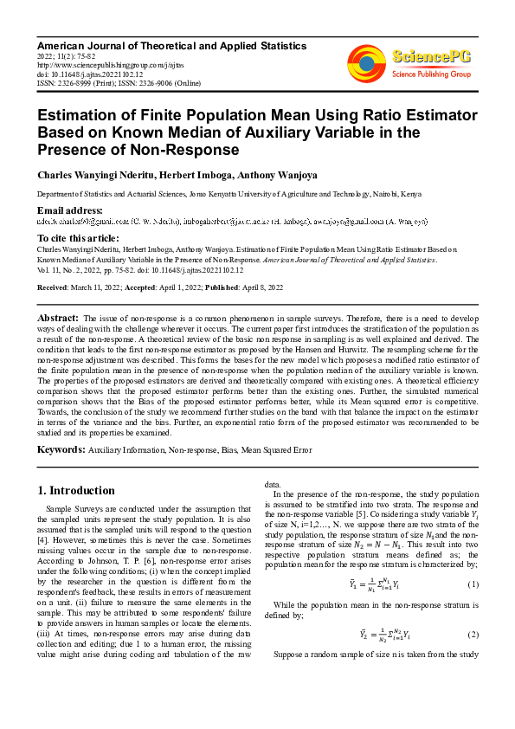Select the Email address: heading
(x=69, y=210)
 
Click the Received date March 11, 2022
(x=96, y=287)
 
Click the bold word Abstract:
(x=60, y=318)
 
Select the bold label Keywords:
(x=61, y=449)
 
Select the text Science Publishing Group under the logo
(x=431, y=74)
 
